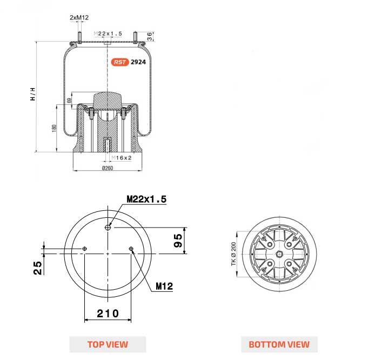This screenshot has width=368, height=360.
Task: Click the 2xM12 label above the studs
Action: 79,17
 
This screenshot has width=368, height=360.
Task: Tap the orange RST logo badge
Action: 120,62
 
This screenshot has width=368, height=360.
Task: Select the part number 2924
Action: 138,62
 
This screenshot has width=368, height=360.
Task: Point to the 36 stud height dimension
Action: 150,36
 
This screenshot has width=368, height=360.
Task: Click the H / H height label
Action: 33,94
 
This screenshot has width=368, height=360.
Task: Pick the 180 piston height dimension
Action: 54,128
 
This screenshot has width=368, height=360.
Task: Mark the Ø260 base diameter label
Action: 108,168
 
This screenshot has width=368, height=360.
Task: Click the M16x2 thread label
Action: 122,158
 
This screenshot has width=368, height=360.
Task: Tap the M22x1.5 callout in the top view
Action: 146,199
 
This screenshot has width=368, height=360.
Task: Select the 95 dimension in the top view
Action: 178,241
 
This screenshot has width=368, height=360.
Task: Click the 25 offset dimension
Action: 37,268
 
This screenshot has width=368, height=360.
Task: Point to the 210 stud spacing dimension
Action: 108,314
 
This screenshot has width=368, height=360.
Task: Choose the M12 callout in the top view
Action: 164,286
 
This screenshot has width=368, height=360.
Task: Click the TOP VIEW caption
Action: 108,344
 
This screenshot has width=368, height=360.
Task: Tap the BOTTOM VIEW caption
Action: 279,344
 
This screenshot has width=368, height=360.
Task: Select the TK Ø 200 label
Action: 233,254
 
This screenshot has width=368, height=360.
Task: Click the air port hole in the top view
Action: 108,228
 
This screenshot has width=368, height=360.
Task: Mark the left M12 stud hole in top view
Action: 84,249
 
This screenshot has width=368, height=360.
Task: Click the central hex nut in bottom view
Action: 279,254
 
